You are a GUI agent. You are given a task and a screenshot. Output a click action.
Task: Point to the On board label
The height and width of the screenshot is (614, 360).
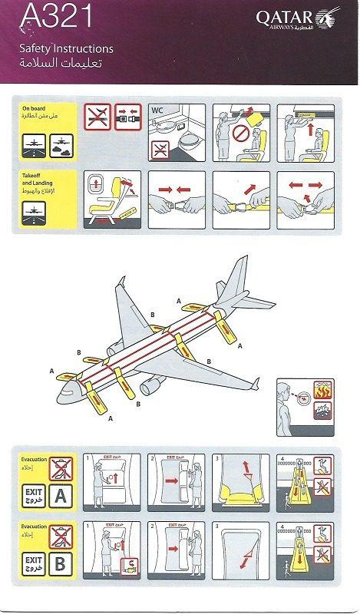[34, 109]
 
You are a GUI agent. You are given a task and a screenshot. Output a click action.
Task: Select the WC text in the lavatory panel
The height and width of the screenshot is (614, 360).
[159, 110]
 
